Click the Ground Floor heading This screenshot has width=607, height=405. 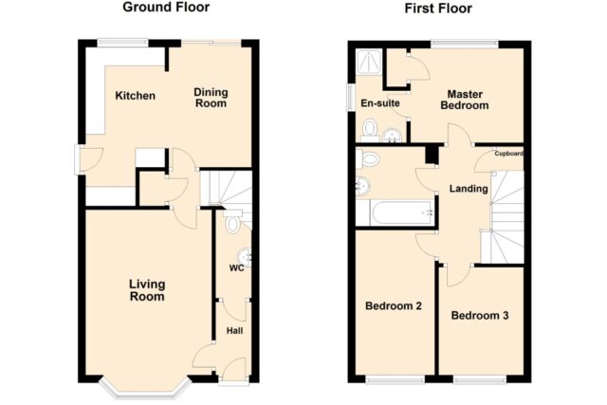pyautogui.click(x=166, y=7)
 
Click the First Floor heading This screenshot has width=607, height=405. pyautogui.click(x=438, y=9)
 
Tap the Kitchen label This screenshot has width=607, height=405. pyautogui.click(x=135, y=96)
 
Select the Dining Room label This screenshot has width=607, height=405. pyautogui.click(x=211, y=98)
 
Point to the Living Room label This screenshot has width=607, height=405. pyautogui.click(x=147, y=290)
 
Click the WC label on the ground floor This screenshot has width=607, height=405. pyautogui.click(x=236, y=267)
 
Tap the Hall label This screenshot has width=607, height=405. pyautogui.click(x=234, y=331)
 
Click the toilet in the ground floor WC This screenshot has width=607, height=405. pyautogui.click(x=231, y=221)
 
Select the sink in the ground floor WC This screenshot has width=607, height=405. pyautogui.click(x=245, y=256)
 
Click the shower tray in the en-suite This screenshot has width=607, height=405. pyautogui.click(x=369, y=61)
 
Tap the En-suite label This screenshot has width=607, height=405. pyautogui.click(x=380, y=103)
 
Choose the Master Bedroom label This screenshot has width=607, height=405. pyautogui.click(x=465, y=100)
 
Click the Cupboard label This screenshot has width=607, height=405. pyautogui.click(x=508, y=154)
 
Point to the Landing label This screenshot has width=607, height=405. pyautogui.click(x=469, y=189)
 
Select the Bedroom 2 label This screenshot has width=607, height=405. pyautogui.click(x=394, y=306)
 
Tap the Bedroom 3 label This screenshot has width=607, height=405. pyautogui.click(x=480, y=316)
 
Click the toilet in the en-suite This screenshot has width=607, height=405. pyautogui.click(x=370, y=129)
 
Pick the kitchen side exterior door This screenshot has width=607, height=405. pyautogui.click(x=78, y=159)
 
